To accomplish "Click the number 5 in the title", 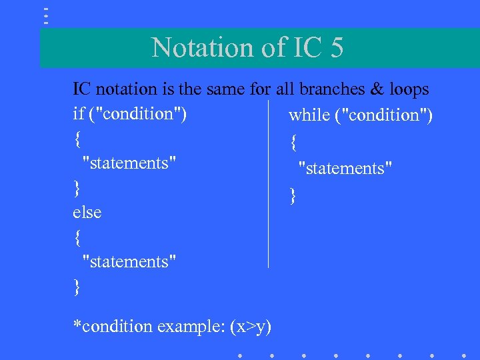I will pyautogui.click(x=335, y=47).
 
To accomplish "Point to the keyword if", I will pyautogui.click(x=78, y=113).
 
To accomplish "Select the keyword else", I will pyautogui.click(x=87, y=213).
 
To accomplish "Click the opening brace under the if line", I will pyautogui.click(x=78, y=139).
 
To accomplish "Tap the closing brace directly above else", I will pyautogui.click(x=78, y=188).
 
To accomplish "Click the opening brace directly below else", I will pyautogui.click(x=78, y=237).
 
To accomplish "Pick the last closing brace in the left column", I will pyautogui.click(x=78, y=287).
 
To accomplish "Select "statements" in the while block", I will pyautogui.click(x=345, y=168).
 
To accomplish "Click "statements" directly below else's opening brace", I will pyautogui.click(x=129, y=262).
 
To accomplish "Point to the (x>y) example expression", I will pyautogui.click(x=250, y=327).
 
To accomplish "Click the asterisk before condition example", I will pyautogui.click(x=77, y=325).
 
